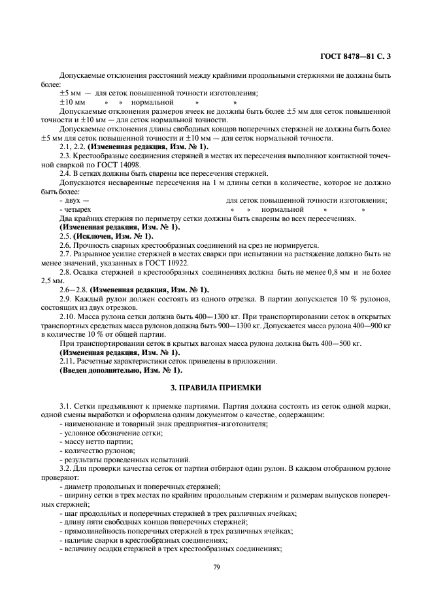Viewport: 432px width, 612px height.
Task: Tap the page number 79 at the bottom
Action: click(x=216, y=566)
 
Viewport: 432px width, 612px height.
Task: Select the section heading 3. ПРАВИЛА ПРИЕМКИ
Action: click(x=216, y=388)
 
